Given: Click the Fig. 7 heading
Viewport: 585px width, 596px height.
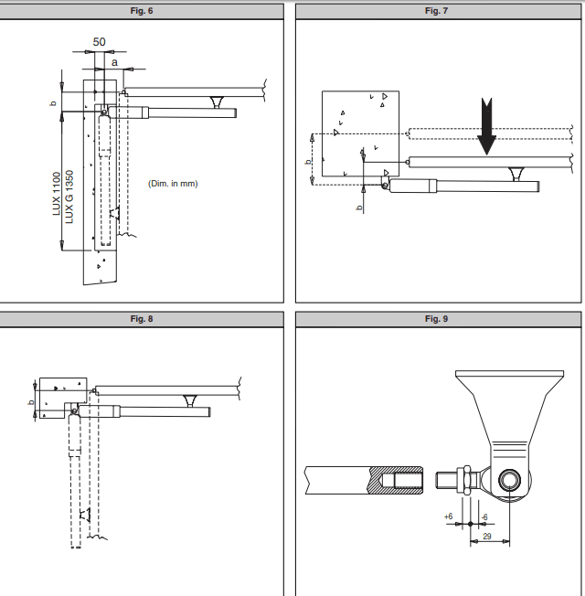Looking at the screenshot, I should point(437,10).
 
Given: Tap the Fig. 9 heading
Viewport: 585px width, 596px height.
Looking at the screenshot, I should point(437,319).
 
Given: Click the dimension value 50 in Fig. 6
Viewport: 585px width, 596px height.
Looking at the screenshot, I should point(99,42).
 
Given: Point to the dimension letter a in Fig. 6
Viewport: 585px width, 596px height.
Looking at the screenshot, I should point(114,62).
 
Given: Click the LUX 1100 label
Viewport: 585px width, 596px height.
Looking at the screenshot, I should point(57,195).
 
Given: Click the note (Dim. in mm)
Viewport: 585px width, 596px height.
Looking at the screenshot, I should point(173,184).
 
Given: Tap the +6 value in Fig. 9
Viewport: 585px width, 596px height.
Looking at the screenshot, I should point(448,516).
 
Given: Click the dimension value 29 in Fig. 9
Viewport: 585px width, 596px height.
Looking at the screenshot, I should point(486,536).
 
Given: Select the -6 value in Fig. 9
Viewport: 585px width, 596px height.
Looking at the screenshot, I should point(484,516).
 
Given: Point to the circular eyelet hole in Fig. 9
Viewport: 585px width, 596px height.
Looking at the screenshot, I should point(508,478).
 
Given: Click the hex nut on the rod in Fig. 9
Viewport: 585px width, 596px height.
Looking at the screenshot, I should point(463,478).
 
